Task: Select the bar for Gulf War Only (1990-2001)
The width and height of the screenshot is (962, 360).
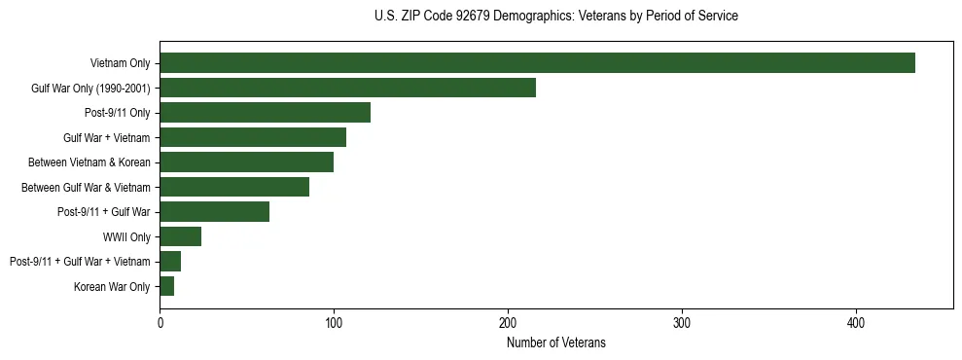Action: (x=347, y=88)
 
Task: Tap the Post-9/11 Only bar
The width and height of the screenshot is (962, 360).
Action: (x=265, y=113)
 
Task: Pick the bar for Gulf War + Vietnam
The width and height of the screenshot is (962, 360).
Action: (x=253, y=137)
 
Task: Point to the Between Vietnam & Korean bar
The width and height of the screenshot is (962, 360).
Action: (x=246, y=162)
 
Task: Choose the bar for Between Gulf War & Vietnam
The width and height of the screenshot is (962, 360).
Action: (x=234, y=187)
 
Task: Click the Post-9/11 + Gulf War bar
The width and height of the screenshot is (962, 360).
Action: (x=214, y=212)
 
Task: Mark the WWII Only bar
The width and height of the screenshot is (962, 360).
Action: (x=180, y=236)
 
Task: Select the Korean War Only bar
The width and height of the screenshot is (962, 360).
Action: (x=166, y=286)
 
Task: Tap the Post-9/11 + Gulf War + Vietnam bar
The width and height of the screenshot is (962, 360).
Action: (x=170, y=262)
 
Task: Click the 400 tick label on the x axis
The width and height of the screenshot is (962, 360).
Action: (x=856, y=323)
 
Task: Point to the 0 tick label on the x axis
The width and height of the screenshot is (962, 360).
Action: (x=160, y=323)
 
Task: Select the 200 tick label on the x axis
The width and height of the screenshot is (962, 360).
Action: (x=508, y=323)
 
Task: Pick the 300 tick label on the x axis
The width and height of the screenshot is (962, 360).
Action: (x=682, y=323)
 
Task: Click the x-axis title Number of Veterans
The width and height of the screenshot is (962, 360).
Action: (x=555, y=342)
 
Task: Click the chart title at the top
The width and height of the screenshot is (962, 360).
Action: (x=555, y=17)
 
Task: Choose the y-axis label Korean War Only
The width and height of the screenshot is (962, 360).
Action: (x=112, y=286)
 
